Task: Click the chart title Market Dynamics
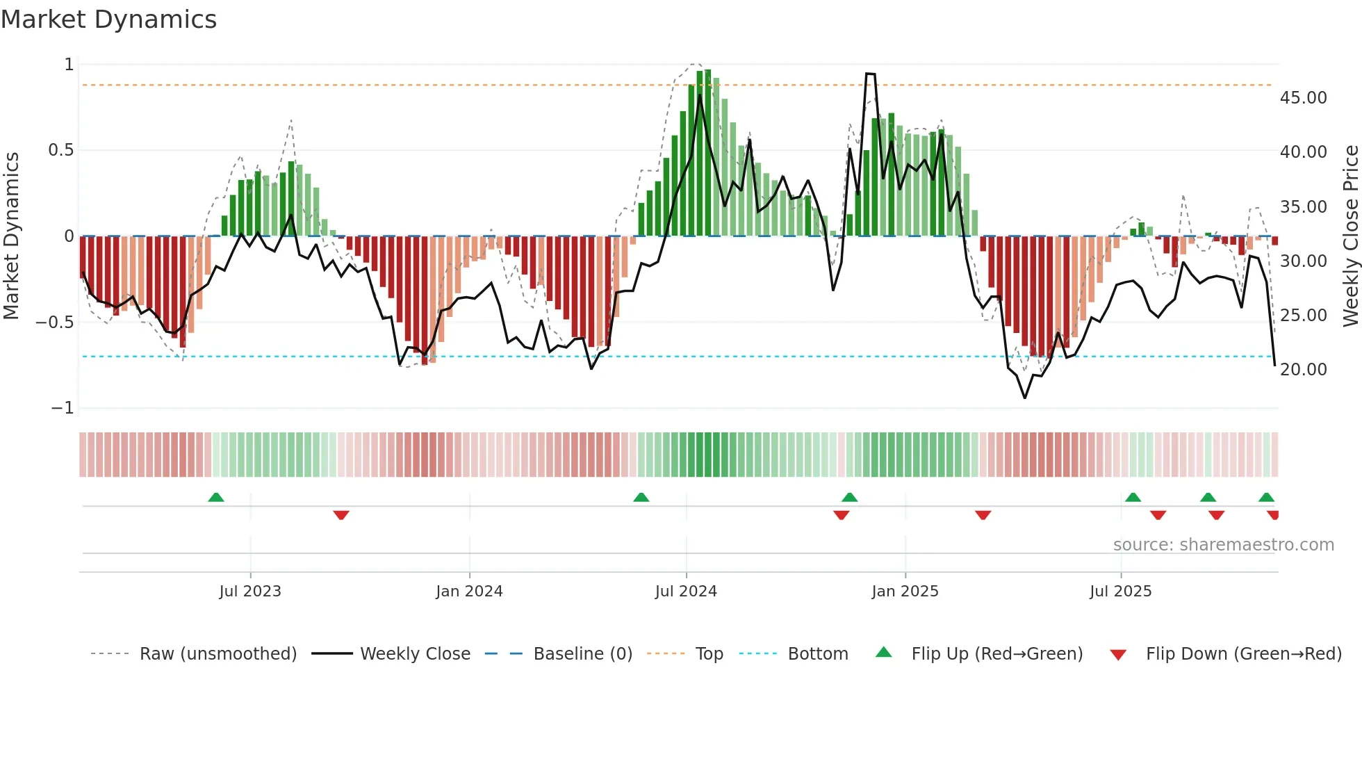[109, 19]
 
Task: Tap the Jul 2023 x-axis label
[250, 592]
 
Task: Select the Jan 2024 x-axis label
[469, 592]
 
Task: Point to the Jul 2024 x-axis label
[686, 592]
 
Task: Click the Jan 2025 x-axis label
[905, 592]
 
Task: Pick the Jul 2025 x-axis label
[1120, 592]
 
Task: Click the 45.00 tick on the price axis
[1303, 98]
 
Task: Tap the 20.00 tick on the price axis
[1303, 370]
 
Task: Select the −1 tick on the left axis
[62, 408]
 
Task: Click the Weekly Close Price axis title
[1350, 236]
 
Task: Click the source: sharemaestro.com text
[1223, 545]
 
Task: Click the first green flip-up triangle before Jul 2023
[216, 498]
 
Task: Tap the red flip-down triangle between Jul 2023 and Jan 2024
[340, 515]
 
